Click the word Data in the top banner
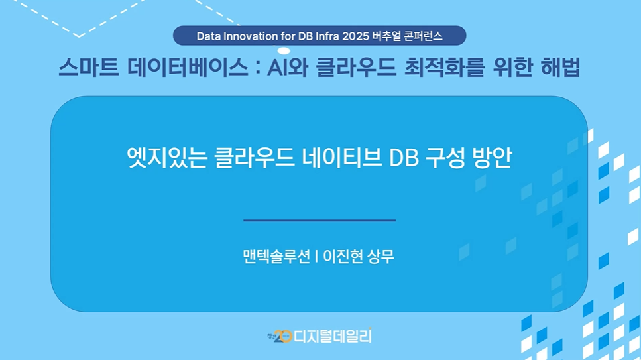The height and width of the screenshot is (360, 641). coord(209,36)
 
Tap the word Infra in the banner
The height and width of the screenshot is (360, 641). coord(327,36)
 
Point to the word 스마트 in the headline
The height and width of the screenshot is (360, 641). coord(89,67)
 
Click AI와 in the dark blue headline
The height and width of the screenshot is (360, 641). coord(288,67)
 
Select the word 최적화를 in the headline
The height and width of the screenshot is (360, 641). coord(444,67)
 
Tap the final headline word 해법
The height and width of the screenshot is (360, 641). coord(561,67)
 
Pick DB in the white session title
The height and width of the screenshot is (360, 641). coord(404,158)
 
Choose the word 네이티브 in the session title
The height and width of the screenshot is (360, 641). coord(342,157)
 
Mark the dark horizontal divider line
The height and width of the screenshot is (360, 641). coord(320,221)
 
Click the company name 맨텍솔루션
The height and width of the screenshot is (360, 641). coord(276,257)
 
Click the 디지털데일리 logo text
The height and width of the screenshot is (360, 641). coord(333,336)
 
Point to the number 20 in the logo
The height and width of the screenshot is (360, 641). coord(282,336)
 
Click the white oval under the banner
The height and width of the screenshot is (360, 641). coord(284,51)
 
